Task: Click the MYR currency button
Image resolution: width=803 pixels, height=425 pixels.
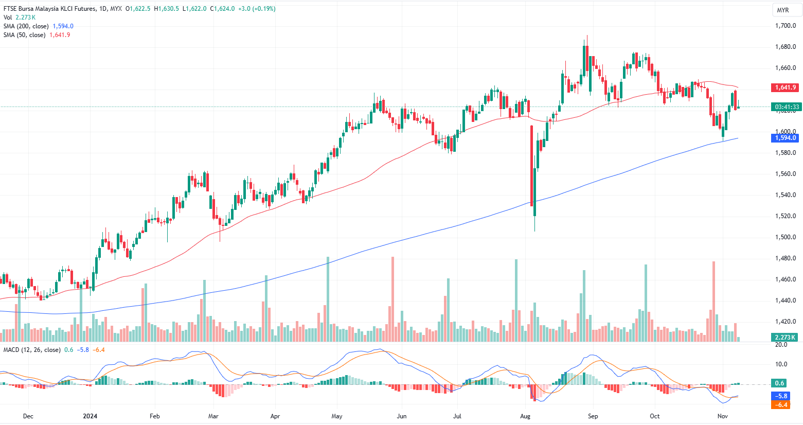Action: pos(782,10)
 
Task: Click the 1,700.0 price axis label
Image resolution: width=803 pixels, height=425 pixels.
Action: pos(786,26)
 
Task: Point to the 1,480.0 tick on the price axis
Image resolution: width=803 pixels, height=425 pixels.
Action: pos(786,258)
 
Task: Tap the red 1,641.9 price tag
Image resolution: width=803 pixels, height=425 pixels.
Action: pos(786,87)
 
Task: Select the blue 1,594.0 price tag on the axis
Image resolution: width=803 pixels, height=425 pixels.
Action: pos(786,138)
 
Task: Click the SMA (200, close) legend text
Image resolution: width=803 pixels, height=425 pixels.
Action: pos(26,26)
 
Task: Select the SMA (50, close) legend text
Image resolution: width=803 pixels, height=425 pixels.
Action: pos(24,35)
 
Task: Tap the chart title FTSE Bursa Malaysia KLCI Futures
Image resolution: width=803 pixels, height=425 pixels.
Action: pos(49,9)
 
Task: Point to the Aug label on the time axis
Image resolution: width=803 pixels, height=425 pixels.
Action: pos(525,416)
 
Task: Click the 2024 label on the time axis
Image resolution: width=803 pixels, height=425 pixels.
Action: pos(90,416)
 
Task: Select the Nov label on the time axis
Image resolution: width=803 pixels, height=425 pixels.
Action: pos(722,416)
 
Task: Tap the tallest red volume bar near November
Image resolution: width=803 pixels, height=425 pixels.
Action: pos(713,301)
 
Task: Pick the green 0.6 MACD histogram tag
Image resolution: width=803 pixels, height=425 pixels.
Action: pos(780,383)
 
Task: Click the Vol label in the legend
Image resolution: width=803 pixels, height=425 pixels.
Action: pos(8,17)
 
